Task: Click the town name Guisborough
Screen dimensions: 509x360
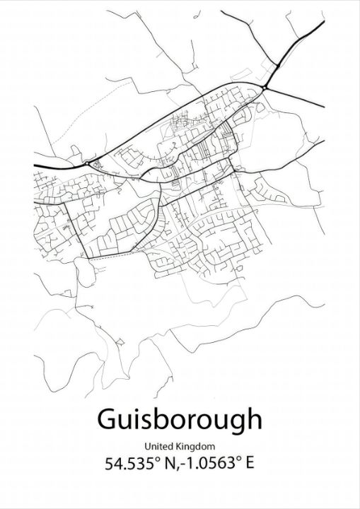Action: coord(178,420)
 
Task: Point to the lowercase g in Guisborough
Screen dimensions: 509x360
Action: coord(231,423)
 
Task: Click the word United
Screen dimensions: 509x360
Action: coord(159,446)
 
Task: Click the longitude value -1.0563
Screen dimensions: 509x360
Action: coord(206,464)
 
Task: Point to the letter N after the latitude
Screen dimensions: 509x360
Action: coord(167,464)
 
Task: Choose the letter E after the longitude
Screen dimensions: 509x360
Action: coord(250,464)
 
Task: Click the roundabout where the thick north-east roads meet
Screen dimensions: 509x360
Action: coord(265,86)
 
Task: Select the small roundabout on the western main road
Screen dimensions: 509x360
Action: coord(87,164)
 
